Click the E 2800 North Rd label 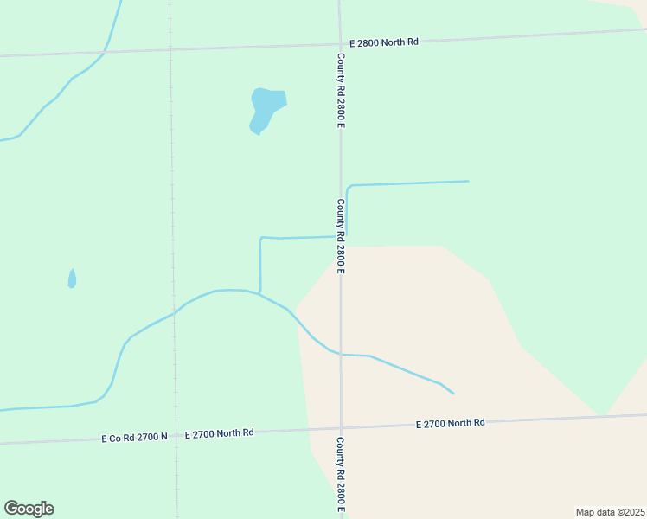click(x=384, y=42)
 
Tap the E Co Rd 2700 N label click(x=134, y=438)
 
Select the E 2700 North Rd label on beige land click(x=450, y=423)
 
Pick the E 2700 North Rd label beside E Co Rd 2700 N click(x=220, y=432)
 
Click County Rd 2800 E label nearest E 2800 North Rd click(x=341, y=91)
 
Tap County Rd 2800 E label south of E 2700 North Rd click(x=340, y=477)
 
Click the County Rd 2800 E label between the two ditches click(x=341, y=236)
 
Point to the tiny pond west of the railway click(x=72, y=279)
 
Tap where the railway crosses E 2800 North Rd click(x=171, y=49)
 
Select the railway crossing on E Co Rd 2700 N click(x=176, y=436)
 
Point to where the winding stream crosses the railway click(x=174, y=313)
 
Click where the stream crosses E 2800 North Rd click(x=106, y=52)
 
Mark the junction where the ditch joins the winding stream click(x=259, y=294)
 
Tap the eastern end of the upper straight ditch click(x=468, y=181)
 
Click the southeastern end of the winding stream click(x=453, y=394)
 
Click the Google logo click(x=29, y=509)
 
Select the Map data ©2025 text click(x=610, y=512)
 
